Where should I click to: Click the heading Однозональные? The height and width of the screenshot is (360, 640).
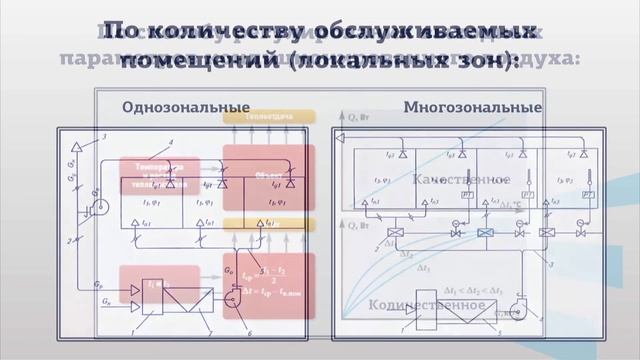pos(186,106)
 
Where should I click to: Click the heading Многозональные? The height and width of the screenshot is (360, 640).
pos(473,106)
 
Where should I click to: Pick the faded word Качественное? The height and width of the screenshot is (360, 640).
pos(455,179)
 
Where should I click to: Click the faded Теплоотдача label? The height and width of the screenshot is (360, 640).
pos(262,118)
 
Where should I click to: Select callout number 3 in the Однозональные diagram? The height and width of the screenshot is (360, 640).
pos(104,134)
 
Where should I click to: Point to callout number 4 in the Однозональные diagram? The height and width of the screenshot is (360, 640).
pos(171,142)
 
